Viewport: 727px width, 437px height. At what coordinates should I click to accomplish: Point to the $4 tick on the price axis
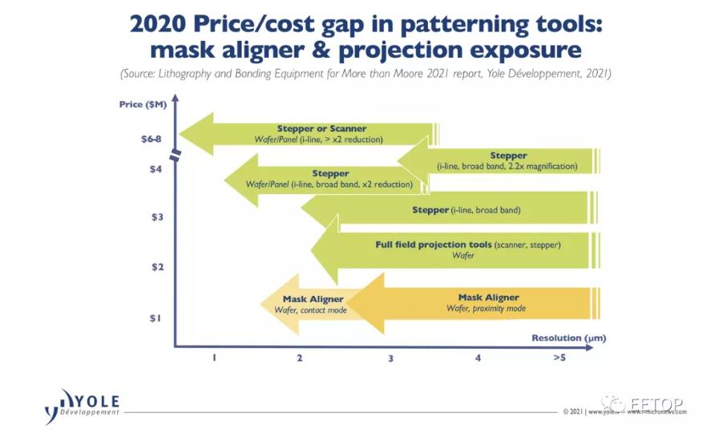[155, 168]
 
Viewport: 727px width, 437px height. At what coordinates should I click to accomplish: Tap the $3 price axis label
[155, 217]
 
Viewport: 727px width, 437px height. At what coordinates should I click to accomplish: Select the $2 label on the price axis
[155, 267]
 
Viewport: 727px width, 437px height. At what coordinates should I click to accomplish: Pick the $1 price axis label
[155, 318]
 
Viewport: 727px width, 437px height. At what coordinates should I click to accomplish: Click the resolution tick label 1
[214, 358]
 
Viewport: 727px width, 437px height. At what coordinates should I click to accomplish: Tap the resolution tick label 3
[390, 358]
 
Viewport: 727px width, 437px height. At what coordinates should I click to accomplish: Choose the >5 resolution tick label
[559, 358]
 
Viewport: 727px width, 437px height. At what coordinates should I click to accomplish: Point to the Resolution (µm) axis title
[566, 338]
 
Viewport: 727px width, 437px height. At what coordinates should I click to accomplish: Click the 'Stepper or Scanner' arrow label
[321, 128]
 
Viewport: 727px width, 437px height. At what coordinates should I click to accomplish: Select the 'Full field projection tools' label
[433, 244]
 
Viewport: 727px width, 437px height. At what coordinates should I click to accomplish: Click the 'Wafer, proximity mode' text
[486, 308]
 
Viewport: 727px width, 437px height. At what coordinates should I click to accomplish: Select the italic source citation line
[366, 75]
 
